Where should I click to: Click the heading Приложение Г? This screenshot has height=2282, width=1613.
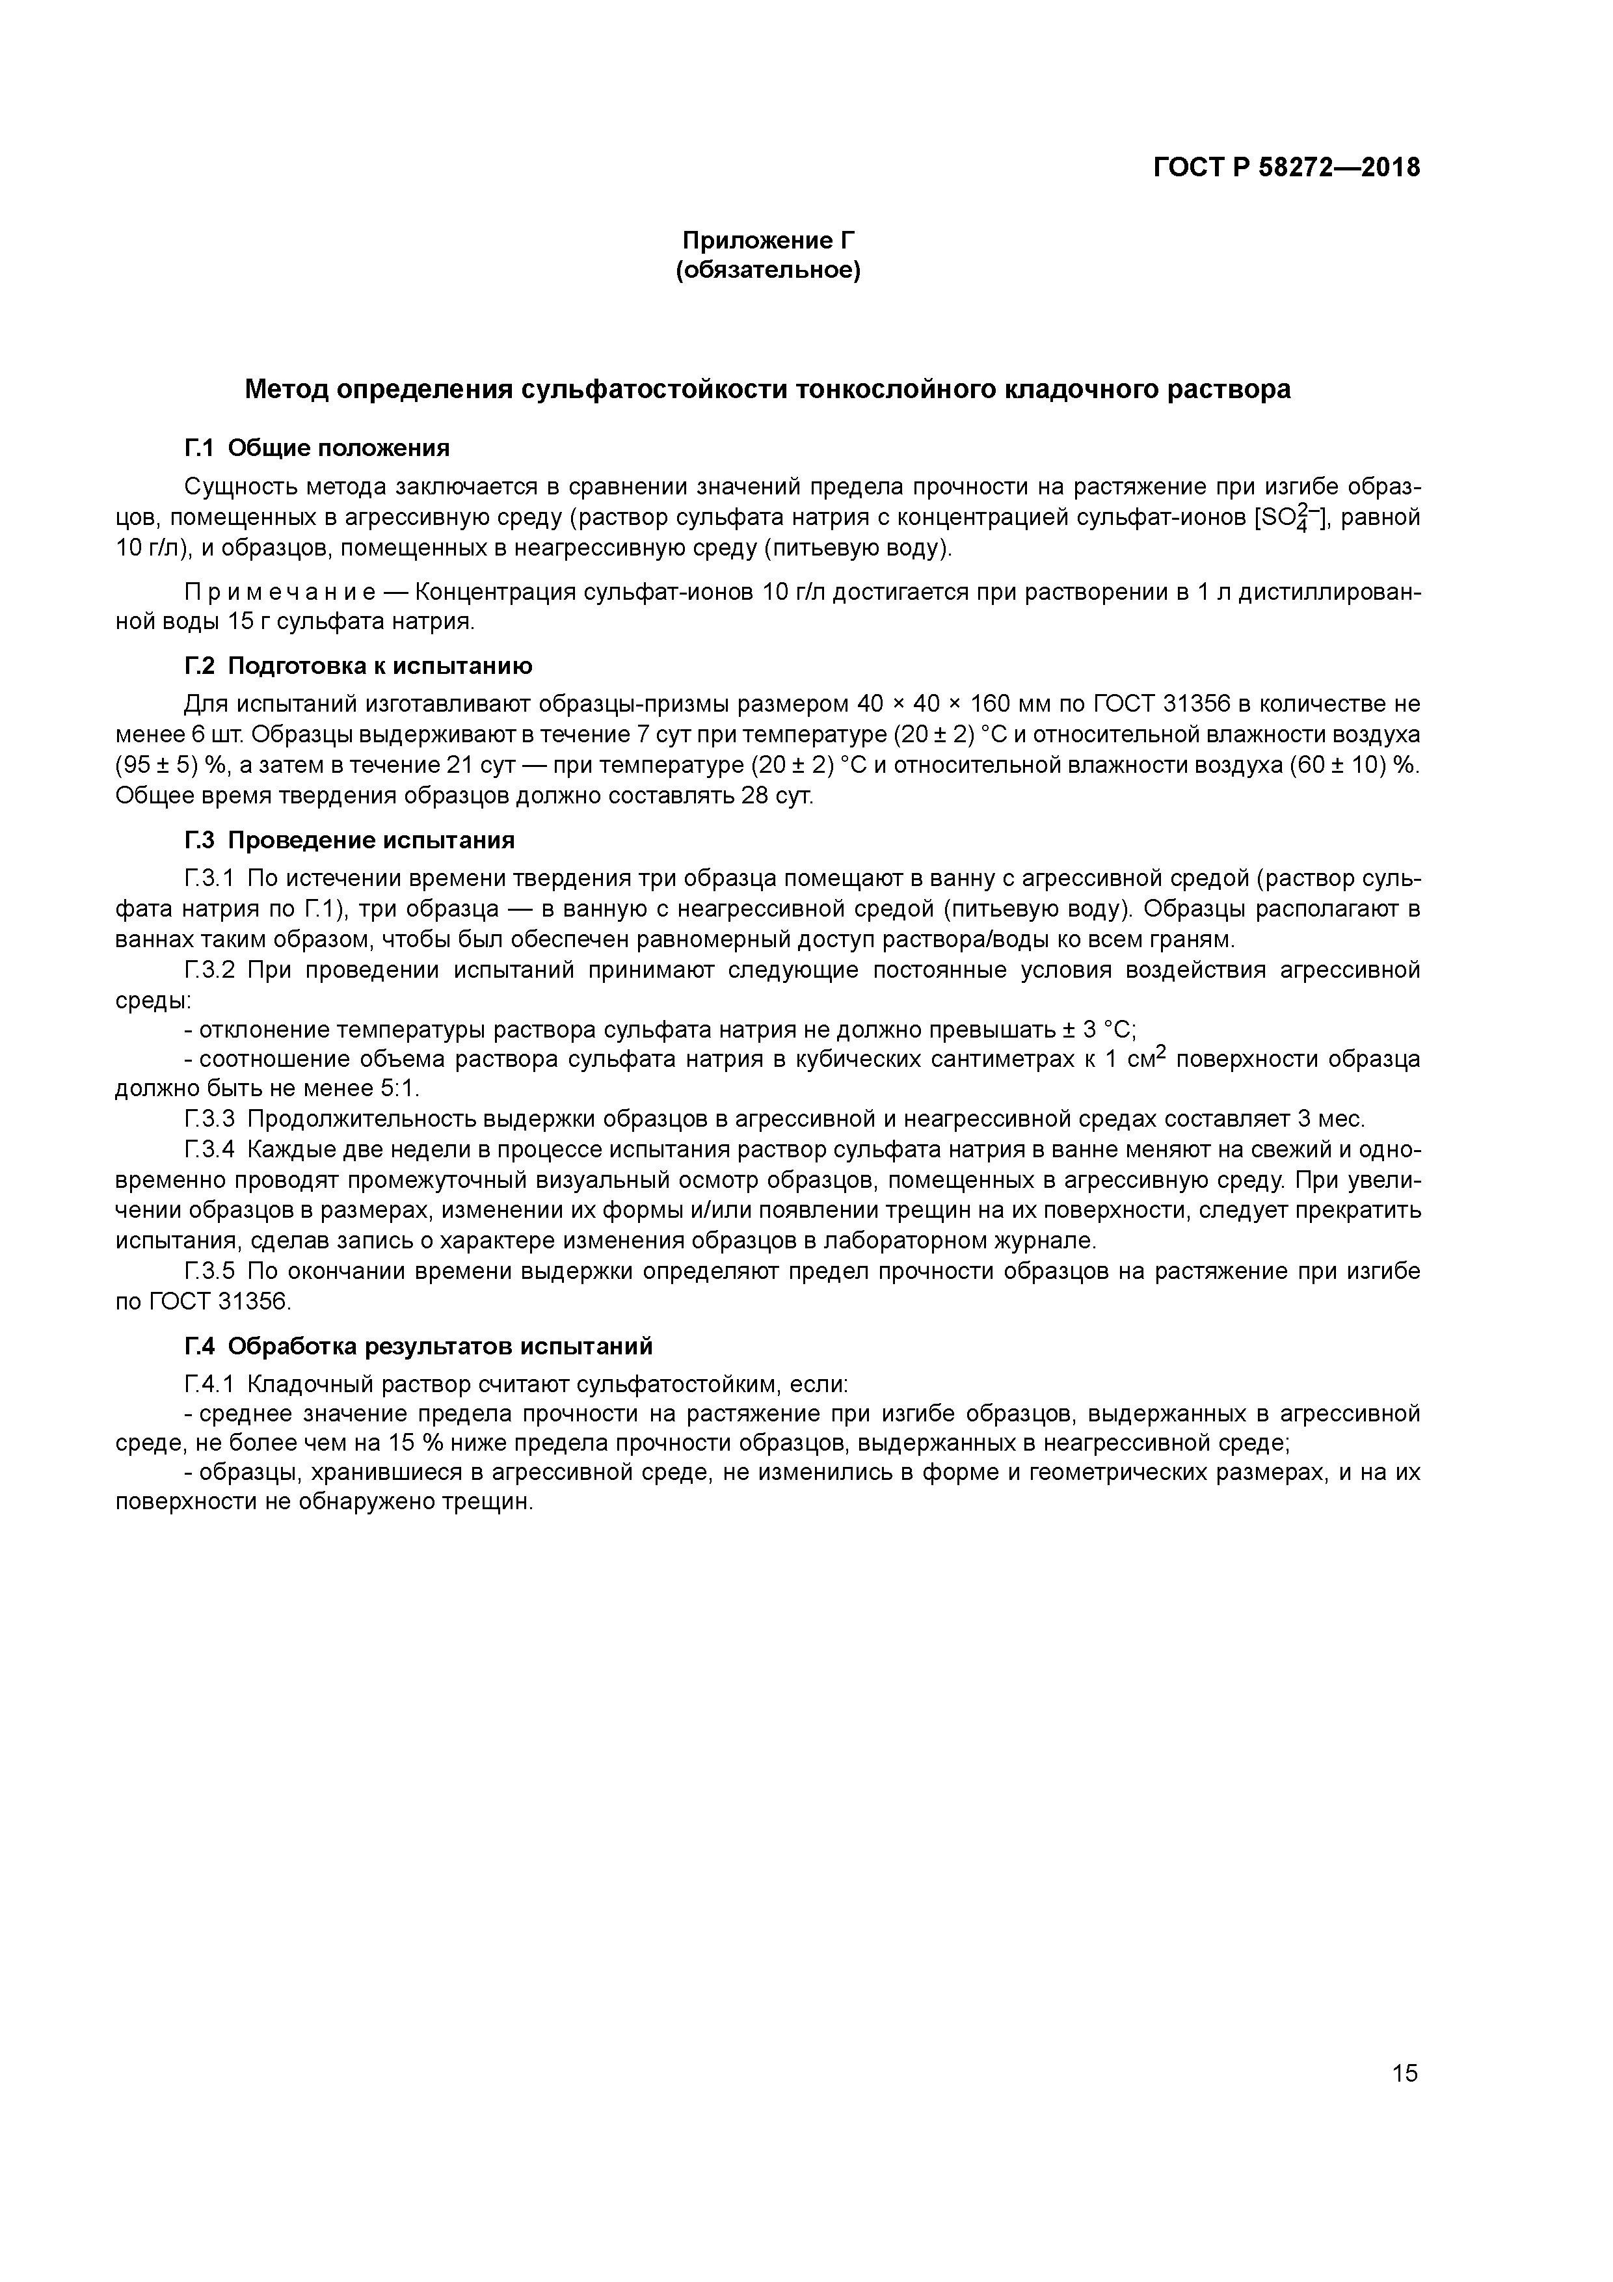767,241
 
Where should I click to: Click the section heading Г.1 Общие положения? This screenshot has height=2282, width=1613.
317,448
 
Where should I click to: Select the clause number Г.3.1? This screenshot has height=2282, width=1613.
209,879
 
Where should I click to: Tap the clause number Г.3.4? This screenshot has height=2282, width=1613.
209,1151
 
